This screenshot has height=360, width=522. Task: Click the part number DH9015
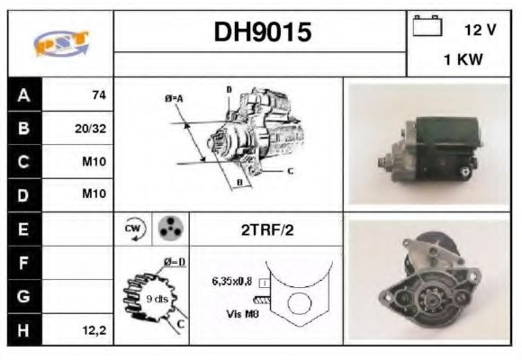[261, 32]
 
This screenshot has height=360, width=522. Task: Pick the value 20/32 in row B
[90, 129]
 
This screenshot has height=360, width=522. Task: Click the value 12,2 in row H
[93, 330]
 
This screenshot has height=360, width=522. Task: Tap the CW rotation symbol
[133, 229]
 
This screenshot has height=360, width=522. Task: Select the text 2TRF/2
[266, 230]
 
